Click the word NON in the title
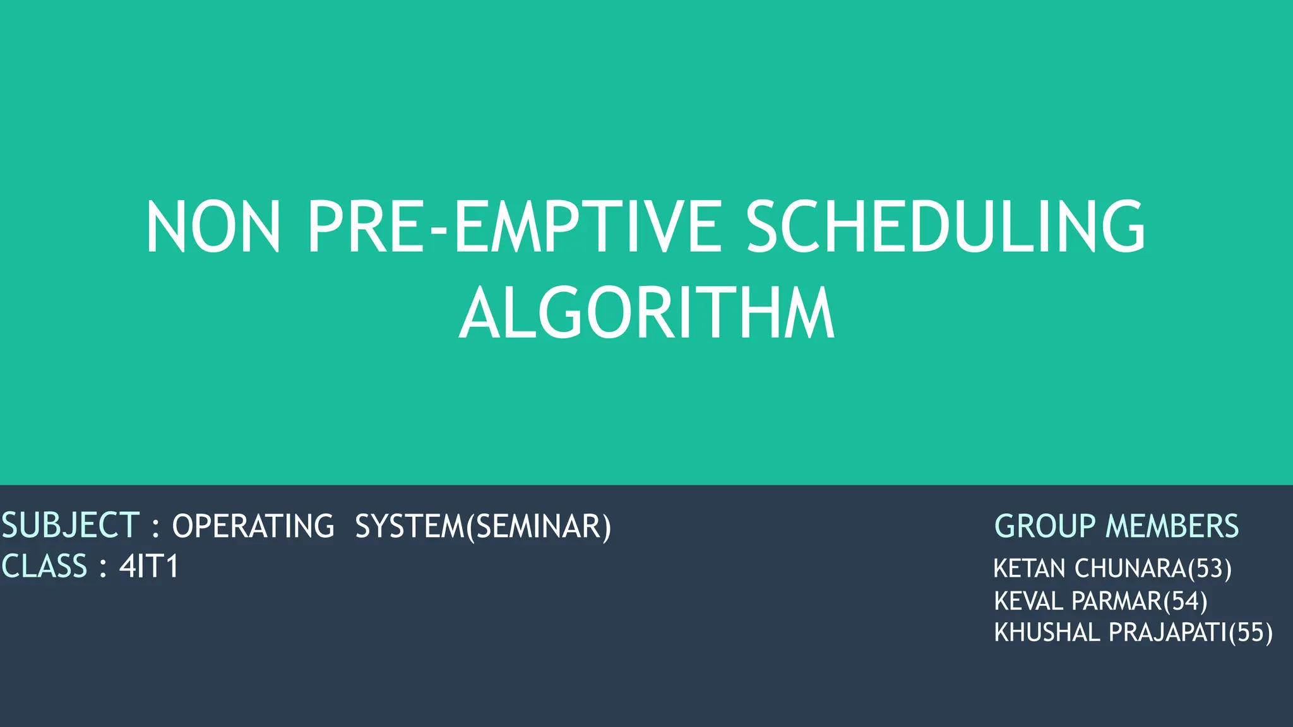click(213, 227)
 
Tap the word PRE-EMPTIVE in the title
click(513, 227)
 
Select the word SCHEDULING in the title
click(945, 227)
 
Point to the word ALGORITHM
click(646, 314)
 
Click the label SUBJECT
click(70, 526)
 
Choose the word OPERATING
click(253, 527)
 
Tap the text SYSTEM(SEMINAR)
click(483, 527)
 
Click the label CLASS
click(44, 566)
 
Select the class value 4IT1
click(149, 566)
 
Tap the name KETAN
click(1029, 569)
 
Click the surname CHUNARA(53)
click(1152, 569)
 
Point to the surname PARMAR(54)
click(1140, 601)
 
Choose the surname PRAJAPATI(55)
click(1191, 633)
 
